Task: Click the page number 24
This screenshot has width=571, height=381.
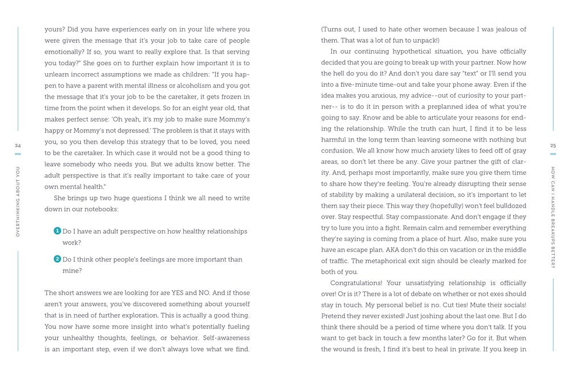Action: (17, 146)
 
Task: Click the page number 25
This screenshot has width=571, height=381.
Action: (553, 146)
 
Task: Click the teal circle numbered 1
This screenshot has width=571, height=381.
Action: (57, 231)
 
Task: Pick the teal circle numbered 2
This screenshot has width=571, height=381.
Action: (57, 259)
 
